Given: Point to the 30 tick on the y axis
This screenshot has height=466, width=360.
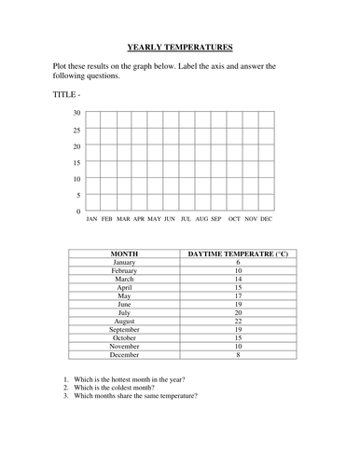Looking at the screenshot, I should coord(76,113).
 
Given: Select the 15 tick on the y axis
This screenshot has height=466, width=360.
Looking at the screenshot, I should coord(76,162).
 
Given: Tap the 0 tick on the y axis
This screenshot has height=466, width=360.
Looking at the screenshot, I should coord(78,212).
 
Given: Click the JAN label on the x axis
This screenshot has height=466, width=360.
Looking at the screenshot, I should coord(91,220).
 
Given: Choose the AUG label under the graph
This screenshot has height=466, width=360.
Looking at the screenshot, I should coord(201,220).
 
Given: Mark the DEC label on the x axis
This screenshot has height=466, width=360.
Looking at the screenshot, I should coord(266,220).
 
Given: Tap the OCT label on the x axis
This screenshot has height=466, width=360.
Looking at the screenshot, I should coord(234,220).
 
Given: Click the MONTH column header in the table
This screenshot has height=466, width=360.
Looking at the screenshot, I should coord(124,253).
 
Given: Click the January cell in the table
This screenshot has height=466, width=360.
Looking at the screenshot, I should coord(124,263).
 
